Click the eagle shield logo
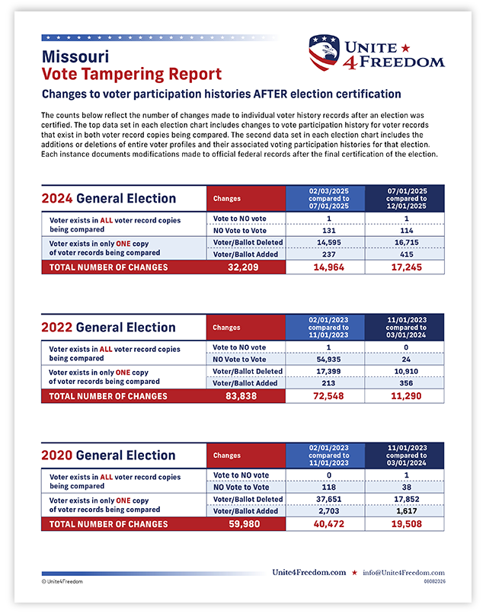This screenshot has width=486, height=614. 324,52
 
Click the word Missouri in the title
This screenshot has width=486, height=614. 75,57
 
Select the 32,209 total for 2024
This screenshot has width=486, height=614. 243,267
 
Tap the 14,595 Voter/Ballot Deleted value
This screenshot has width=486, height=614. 329,242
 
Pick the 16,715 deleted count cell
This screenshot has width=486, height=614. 407,242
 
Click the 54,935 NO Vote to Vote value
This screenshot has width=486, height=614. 328,360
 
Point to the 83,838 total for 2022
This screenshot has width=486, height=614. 241,396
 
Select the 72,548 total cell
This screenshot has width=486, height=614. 328,396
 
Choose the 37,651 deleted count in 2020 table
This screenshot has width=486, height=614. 329,499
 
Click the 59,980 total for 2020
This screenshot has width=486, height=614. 245,524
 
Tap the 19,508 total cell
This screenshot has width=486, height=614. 407,524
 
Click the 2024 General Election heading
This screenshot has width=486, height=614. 109,199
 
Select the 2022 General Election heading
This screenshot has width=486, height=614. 108,328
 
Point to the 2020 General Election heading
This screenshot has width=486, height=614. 108,456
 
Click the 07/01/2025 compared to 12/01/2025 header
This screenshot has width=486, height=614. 407,199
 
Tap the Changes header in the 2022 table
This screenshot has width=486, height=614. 226,328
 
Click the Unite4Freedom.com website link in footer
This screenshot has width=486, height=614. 309,573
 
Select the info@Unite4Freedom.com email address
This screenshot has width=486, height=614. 404,573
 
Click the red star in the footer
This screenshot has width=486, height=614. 354,573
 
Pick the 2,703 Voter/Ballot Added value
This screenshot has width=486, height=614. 329,511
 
